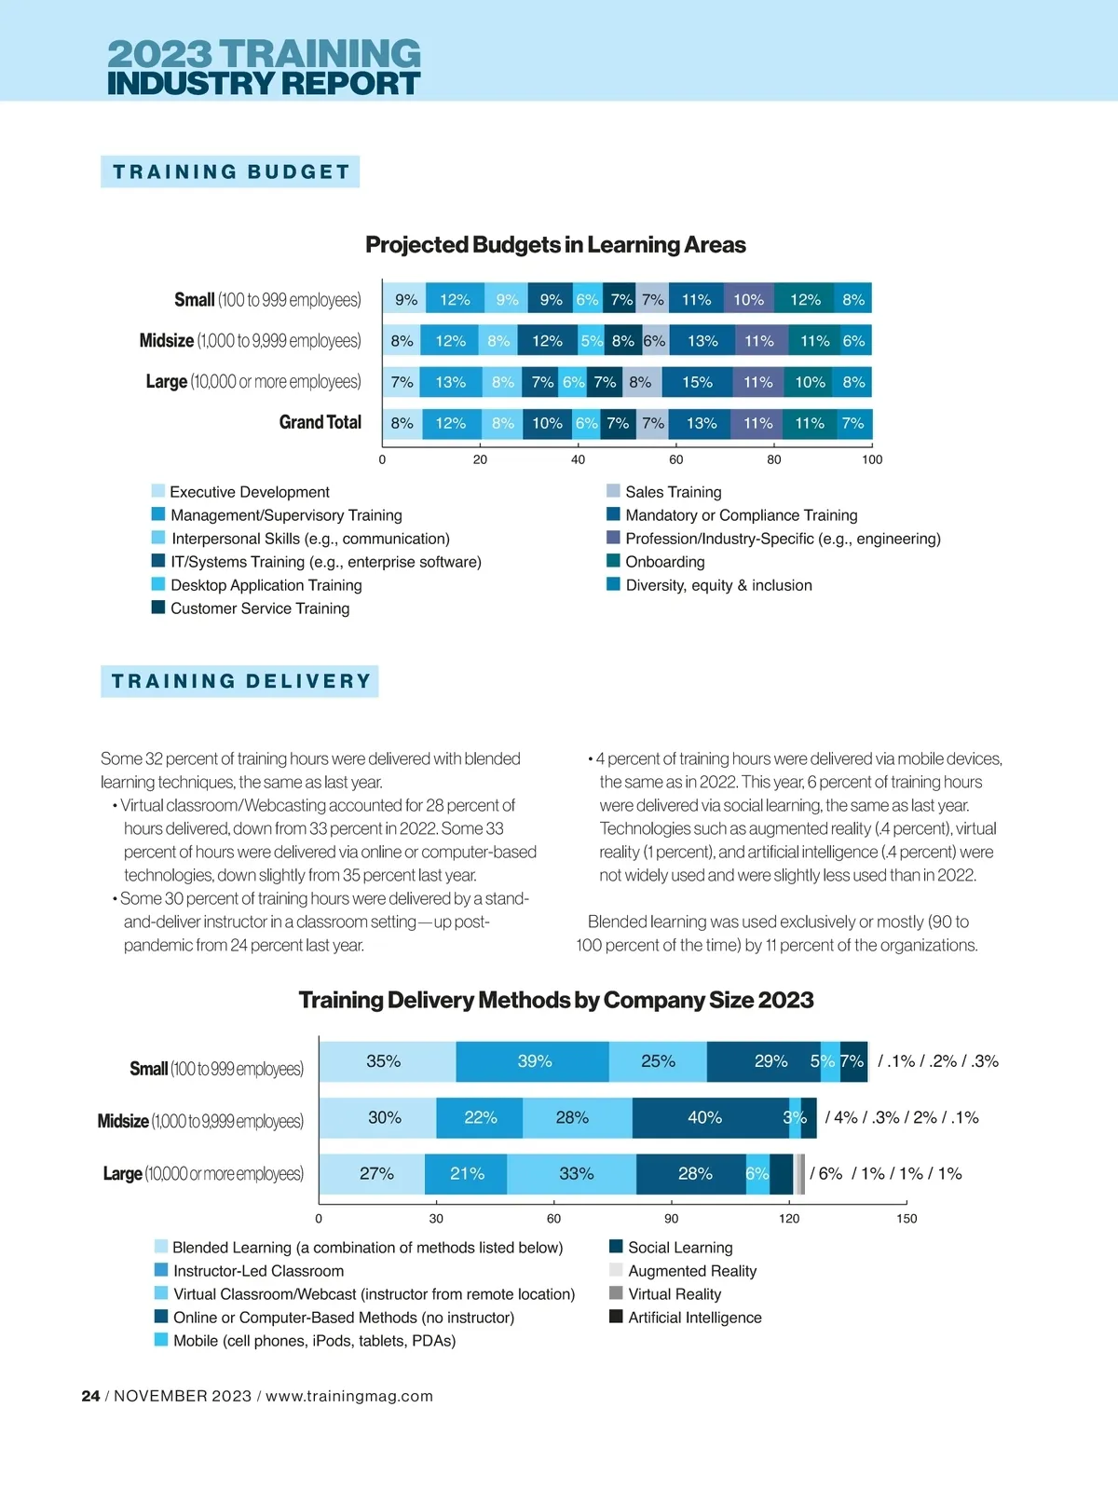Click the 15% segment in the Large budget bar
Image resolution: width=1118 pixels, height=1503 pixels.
(697, 382)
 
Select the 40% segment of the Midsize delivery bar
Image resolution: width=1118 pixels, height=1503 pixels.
(705, 1117)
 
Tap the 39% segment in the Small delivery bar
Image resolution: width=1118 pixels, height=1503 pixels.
(534, 1061)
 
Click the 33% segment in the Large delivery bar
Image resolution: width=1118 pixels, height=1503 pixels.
(576, 1174)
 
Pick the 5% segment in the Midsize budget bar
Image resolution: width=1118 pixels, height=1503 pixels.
(592, 341)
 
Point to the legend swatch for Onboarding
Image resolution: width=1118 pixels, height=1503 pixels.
(613, 561)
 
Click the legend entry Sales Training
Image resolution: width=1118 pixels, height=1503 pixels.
(673, 492)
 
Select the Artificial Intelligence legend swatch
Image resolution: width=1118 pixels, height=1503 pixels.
(616, 1317)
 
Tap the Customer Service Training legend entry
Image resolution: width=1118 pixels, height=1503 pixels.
(260, 608)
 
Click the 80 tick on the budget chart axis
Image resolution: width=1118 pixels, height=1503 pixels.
(774, 459)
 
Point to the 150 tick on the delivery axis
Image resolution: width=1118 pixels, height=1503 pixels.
(906, 1219)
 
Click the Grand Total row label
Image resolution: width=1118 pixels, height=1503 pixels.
(320, 422)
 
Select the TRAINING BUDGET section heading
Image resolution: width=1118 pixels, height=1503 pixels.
(230, 171)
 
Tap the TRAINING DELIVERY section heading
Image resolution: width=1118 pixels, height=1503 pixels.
(240, 681)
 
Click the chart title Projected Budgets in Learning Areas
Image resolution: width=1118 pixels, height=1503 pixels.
(555, 245)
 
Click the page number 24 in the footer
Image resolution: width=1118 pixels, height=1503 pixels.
(90, 1396)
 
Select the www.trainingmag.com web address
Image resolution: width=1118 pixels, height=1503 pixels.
(349, 1396)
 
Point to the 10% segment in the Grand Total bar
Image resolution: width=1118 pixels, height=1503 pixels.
(547, 423)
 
